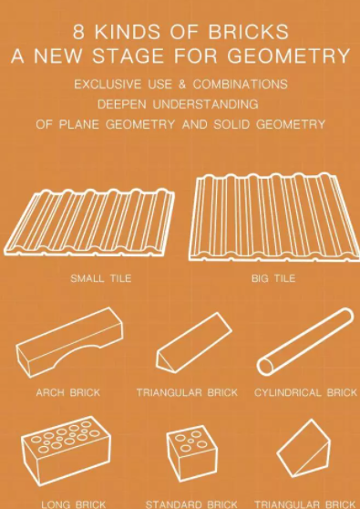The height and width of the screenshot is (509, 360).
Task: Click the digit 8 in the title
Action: tap(78, 32)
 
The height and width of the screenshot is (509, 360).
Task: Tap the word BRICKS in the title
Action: tap(248, 32)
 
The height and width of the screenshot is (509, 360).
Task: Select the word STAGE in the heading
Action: tap(129, 56)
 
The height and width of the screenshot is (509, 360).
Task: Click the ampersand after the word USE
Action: tap(182, 85)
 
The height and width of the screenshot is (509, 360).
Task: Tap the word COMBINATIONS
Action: tap(240, 85)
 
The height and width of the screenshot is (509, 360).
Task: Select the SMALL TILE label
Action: tap(101, 278)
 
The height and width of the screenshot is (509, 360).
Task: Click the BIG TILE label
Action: tap(273, 278)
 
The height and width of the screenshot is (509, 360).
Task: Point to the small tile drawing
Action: tap(89, 223)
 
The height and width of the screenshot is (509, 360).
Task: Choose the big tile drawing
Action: tap(274, 217)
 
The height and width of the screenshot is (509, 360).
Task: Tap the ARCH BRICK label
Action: tap(68, 392)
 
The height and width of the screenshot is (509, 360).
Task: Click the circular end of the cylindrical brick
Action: tap(265, 366)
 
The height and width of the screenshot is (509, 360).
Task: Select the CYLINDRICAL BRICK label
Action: tap(305, 392)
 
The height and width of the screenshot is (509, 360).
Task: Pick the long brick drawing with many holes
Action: tap(67, 451)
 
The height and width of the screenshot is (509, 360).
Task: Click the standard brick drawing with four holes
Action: tap(192, 452)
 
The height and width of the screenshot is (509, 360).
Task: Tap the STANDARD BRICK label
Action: tap(191, 504)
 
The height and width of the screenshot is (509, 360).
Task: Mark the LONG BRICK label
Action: tap(73, 504)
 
